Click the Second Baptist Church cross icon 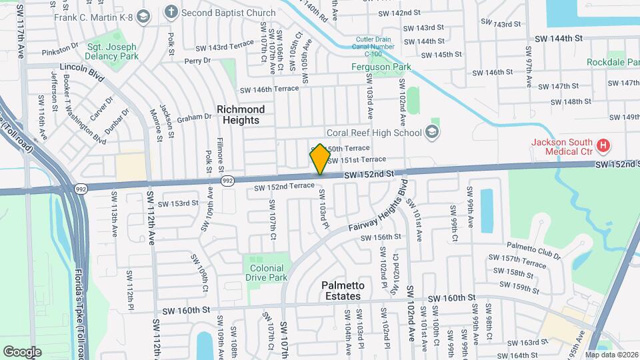171,11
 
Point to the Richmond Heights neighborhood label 240,115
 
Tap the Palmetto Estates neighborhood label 341,291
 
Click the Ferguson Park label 381,67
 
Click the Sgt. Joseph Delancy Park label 111,51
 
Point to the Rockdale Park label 613,62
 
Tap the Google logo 22,351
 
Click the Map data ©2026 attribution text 611,355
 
